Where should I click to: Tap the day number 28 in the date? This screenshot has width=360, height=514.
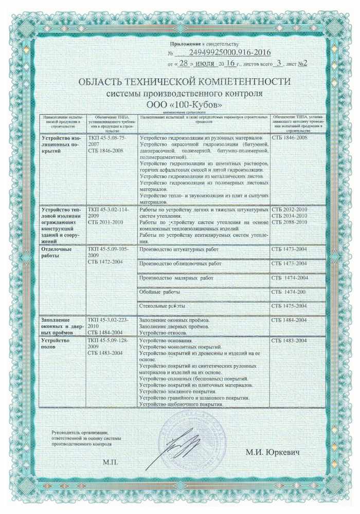click(184, 64)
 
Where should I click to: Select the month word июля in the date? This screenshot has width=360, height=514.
click(205, 64)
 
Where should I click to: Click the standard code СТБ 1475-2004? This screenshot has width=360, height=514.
click(290, 306)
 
